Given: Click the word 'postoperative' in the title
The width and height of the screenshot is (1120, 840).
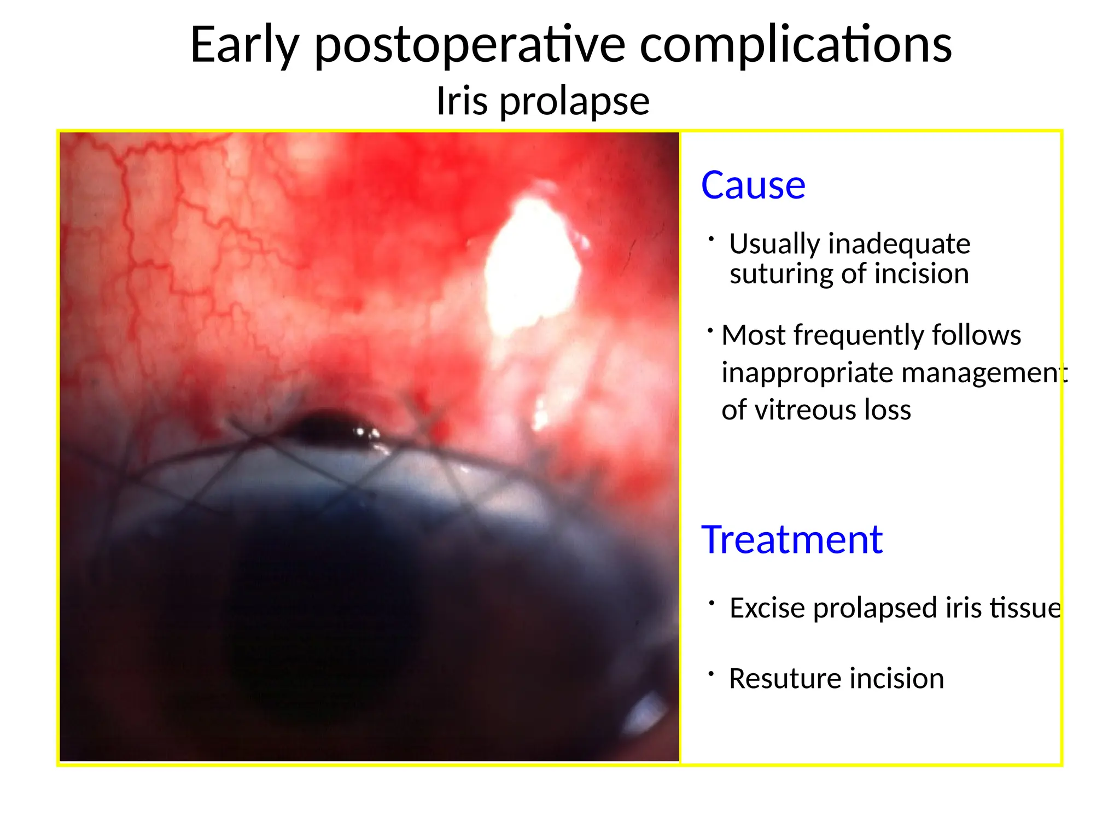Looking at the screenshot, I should (470, 45).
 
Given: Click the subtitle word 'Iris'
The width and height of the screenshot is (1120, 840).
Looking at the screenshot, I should (462, 101).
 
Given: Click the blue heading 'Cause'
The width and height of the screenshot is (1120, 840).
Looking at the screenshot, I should (753, 185).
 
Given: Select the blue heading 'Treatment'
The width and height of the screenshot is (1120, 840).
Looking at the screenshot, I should (792, 540).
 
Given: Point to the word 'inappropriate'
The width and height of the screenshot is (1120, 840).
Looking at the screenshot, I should (807, 374).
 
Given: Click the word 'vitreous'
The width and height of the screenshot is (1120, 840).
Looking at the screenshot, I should (805, 410).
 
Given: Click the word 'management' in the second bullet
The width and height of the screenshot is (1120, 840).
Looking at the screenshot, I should (984, 374).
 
